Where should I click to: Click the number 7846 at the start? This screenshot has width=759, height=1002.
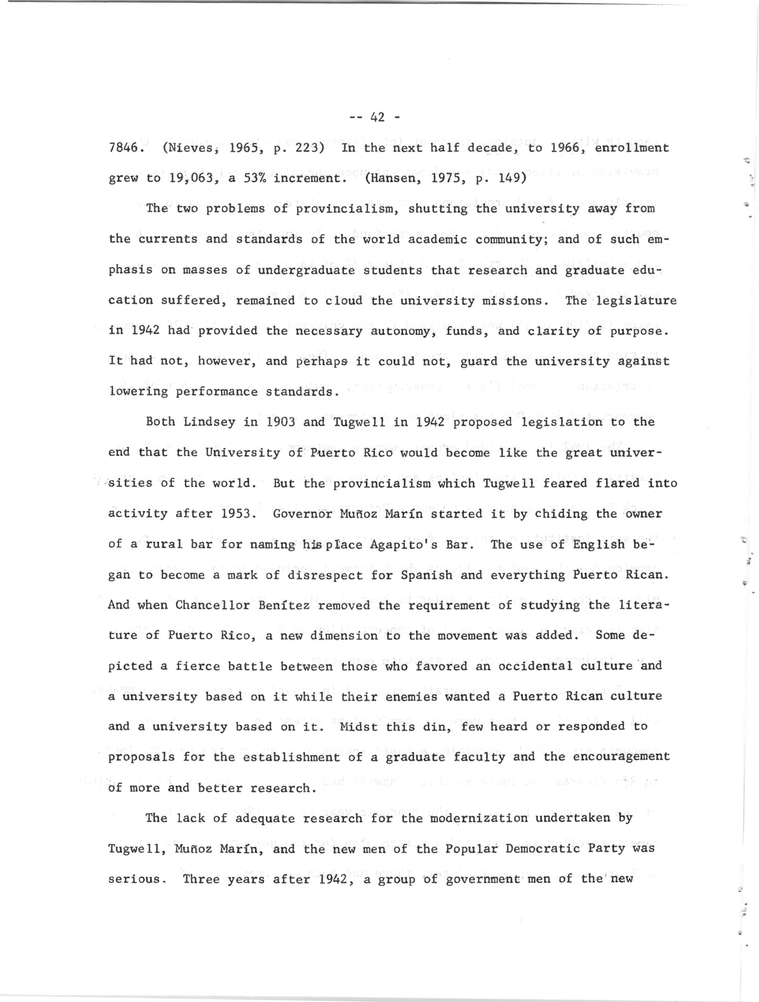click(x=123, y=148)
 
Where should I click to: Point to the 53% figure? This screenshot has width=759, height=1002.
click(x=254, y=178)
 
